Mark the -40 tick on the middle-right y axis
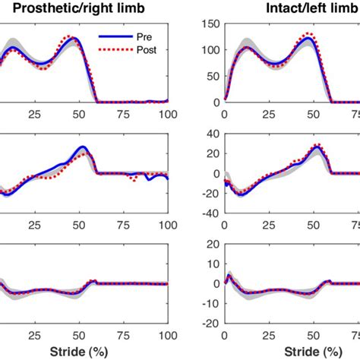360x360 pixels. tap(210, 212)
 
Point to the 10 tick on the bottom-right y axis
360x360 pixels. tap(213, 264)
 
